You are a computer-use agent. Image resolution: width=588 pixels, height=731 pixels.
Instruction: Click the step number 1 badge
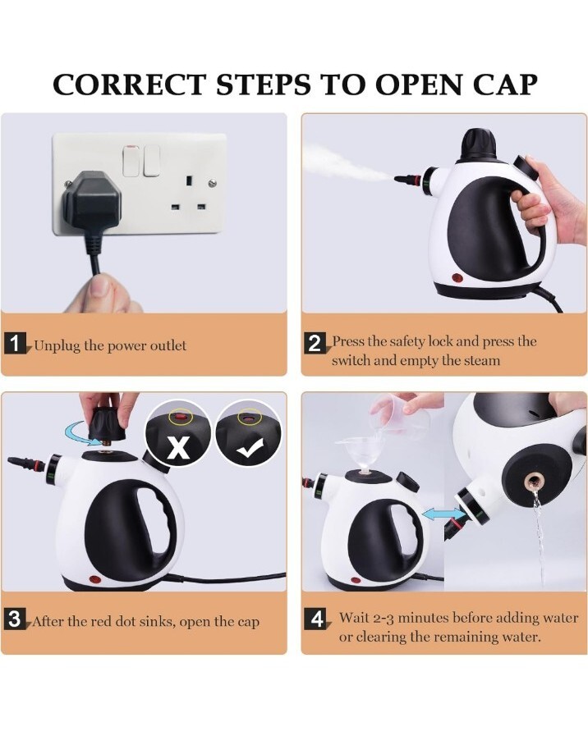click(16, 344)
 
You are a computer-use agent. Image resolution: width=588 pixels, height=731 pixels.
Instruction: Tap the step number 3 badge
click(16, 620)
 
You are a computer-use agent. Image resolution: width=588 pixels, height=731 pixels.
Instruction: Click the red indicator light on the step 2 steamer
click(456, 276)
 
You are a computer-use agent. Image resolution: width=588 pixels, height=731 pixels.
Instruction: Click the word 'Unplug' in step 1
click(56, 345)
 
